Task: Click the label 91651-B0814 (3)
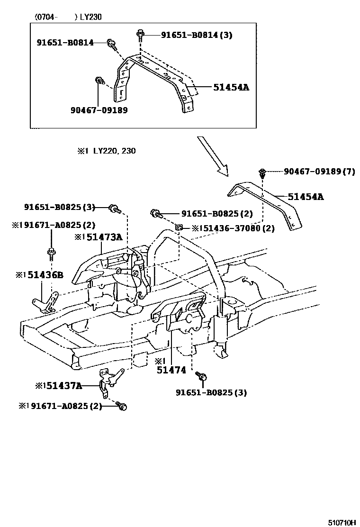pyautogui.click(x=197, y=35)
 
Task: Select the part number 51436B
pyautogui.click(x=43, y=275)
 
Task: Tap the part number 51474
pyautogui.click(x=171, y=370)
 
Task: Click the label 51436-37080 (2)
pyautogui.click(x=236, y=228)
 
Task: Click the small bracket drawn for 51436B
pyautogui.click(x=45, y=303)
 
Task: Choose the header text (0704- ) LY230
pyautogui.click(x=68, y=17)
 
